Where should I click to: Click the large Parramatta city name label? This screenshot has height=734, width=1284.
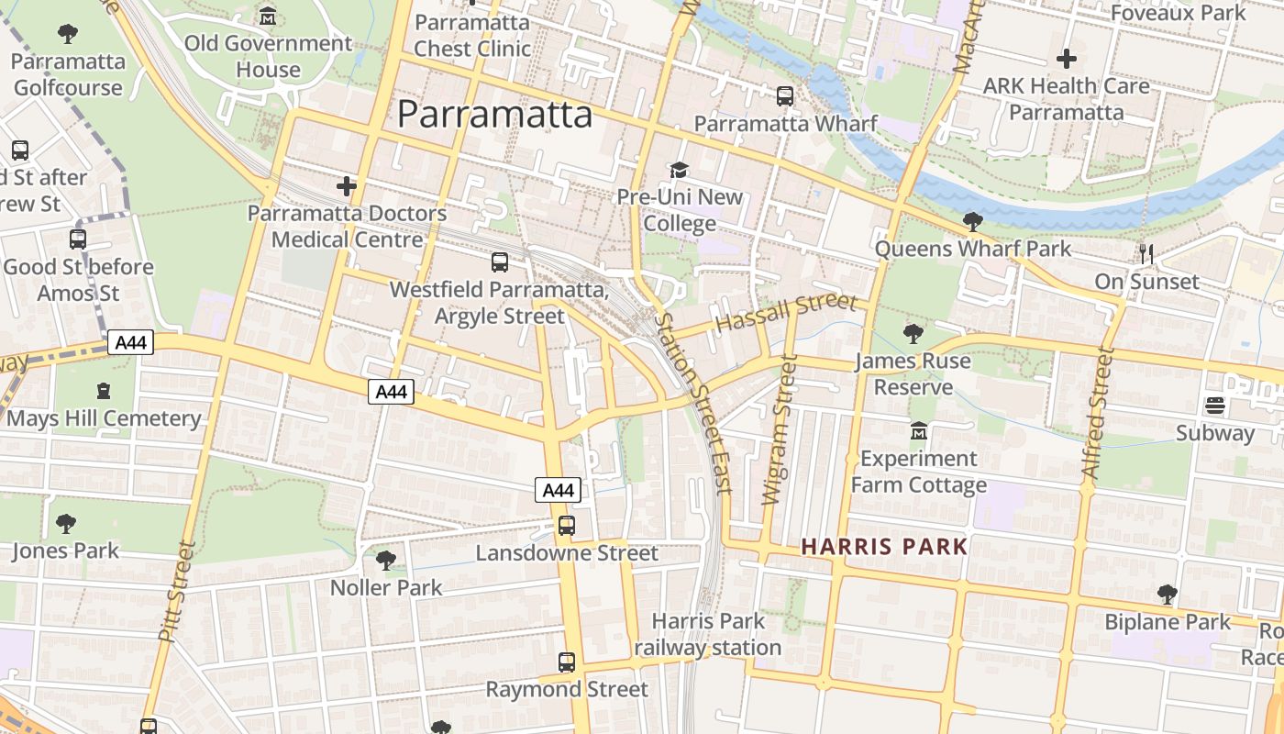(x=494, y=115)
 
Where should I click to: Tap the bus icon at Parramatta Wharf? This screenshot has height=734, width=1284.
(x=784, y=96)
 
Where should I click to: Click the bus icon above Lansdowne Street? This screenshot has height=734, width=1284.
(x=567, y=526)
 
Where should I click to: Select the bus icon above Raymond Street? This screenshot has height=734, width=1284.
(x=567, y=662)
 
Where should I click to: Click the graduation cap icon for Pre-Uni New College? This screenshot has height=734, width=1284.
(x=679, y=170)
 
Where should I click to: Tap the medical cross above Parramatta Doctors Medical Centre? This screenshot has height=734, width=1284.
(x=346, y=186)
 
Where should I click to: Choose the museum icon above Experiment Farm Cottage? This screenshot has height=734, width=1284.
(x=918, y=430)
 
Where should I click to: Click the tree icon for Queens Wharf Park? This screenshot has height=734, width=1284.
(x=972, y=221)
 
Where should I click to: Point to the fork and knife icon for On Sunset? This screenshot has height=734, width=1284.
(x=1146, y=253)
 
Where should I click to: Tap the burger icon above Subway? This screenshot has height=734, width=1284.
(x=1215, y=406)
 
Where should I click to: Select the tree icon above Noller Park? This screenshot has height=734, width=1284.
(x=386, y=560)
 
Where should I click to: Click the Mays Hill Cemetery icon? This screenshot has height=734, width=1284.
(x=104, y=391)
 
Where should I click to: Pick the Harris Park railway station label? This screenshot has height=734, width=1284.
(x=707, y=634)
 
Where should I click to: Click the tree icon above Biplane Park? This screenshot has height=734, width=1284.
(x=1167, y=595)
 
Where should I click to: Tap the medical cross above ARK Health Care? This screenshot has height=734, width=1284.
(x=1066, y=60)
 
